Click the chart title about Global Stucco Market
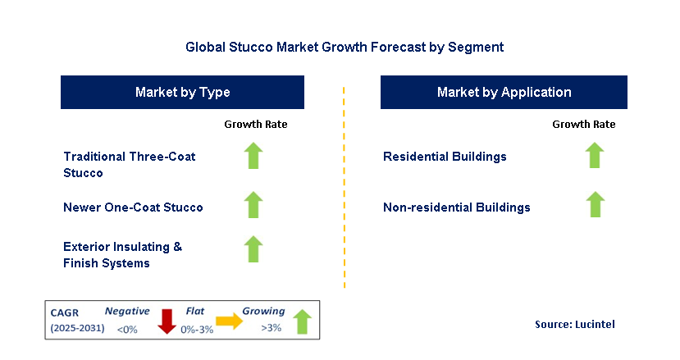point(345,48)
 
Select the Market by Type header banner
point(182,93)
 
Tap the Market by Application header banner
point(504,93)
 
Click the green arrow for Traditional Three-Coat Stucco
point(253,156)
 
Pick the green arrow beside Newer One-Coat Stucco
point(253,205)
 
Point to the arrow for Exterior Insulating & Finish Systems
point(253,249)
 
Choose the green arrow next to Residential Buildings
point(595,155)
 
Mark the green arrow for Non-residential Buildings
point(595,205)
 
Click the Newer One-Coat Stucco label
point(133,207)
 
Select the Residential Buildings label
point(445,157)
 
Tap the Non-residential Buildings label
point(456,207)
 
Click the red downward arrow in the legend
point(167,321)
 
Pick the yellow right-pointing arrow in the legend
point(229,322)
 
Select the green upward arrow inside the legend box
point(302,321)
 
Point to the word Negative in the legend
point(127,312)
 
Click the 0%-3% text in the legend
point(196,330)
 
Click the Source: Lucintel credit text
point(574,325)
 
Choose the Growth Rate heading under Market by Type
point(255,125)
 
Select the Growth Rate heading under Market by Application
point(583,125)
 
